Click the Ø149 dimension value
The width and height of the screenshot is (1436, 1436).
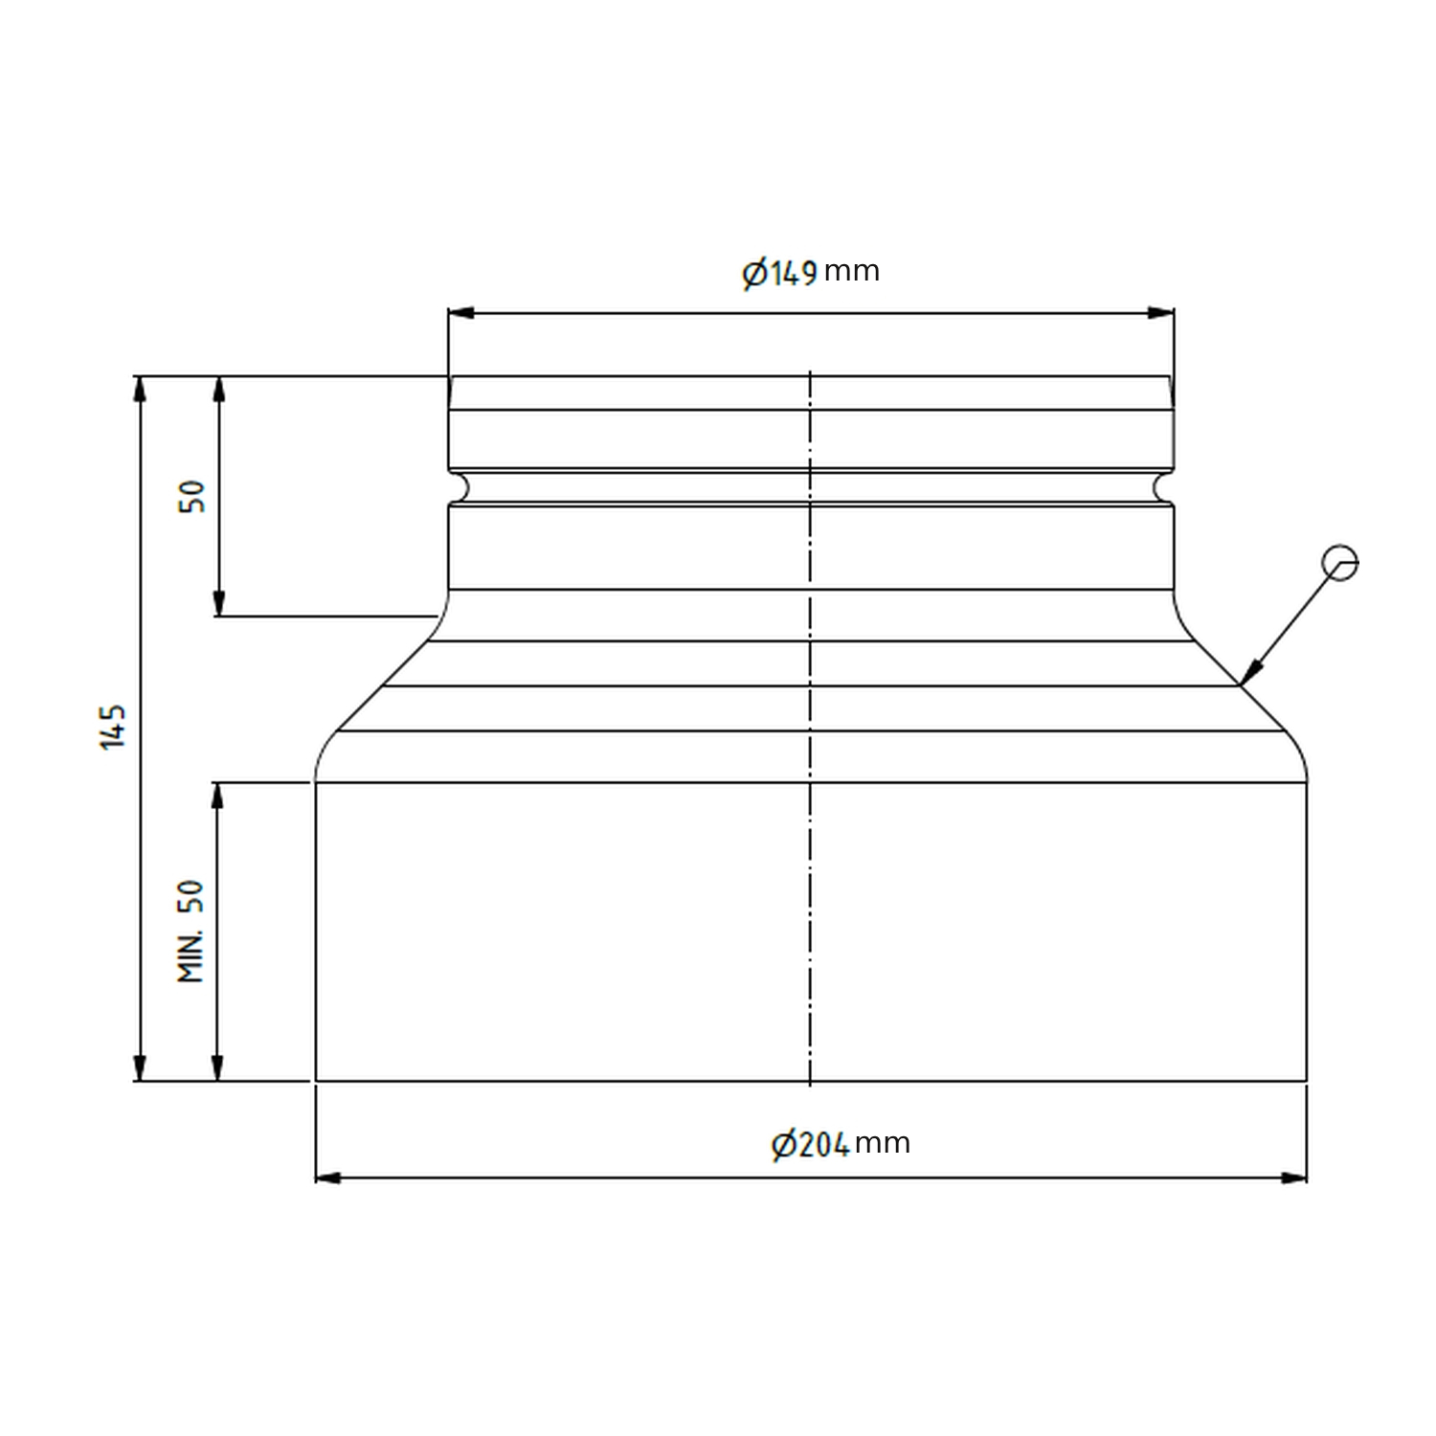coord(780,274)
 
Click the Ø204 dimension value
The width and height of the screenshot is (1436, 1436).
coord(810,1145)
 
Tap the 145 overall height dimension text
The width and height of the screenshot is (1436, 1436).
coord(114,727)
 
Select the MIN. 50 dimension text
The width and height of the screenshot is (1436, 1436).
coord(191,931)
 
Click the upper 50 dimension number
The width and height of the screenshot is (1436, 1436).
coord(192,497)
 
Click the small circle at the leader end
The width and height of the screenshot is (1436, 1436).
coord(1339,563)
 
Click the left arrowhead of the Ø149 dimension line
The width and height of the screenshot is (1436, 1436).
coord(460,313)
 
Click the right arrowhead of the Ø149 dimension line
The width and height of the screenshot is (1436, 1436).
coord(1161,313)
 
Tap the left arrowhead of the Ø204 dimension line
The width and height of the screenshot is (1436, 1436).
coord(328,1178)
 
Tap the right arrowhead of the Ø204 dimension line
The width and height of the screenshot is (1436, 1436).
coord(1294,1178)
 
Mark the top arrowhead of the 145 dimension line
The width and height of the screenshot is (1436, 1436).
coord(141,388)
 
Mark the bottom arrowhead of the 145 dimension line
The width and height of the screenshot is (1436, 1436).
coord(141,1068)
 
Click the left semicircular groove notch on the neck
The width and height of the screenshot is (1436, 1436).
coord(459,487)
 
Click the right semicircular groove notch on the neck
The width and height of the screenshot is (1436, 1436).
coord(1163,487)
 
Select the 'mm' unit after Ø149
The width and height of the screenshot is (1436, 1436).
coord(851,272)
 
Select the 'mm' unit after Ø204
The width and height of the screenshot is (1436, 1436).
coord(882,1144)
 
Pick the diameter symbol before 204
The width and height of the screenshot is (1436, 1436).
coord(783,1145)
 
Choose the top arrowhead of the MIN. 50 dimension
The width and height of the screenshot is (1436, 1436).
coord(218,795)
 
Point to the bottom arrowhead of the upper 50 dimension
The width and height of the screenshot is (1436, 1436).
coord(218,604)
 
